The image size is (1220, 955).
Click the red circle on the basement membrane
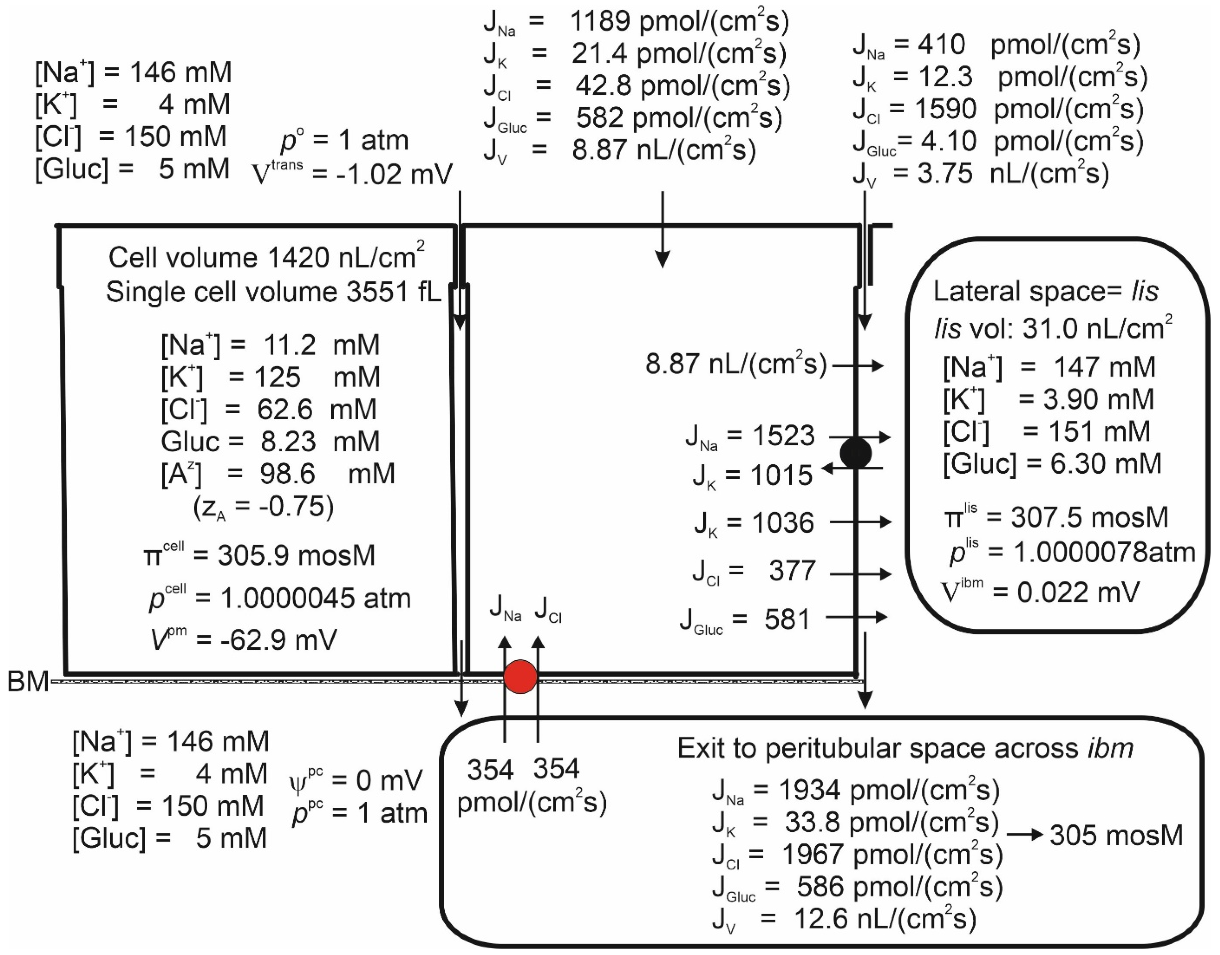click(520, 676)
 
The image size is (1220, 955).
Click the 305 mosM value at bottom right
click(1116, 836)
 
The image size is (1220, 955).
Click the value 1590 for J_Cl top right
click(945, 108)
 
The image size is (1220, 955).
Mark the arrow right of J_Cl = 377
click(860, 574)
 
